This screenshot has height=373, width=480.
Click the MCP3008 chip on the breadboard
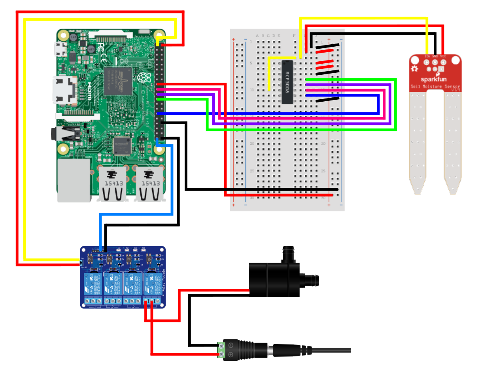287,82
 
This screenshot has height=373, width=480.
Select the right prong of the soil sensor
453,142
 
